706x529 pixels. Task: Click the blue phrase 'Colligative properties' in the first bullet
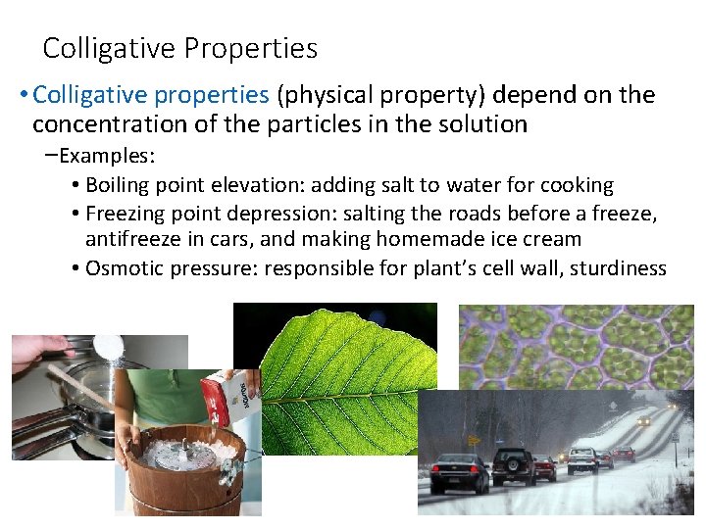pos(150,95)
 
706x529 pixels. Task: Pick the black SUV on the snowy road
pos(512,465)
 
